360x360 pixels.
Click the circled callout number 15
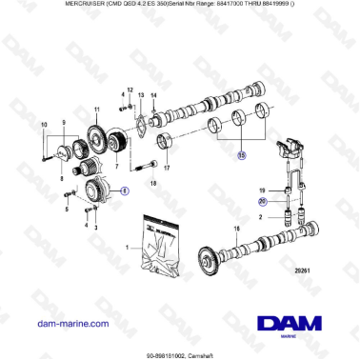(x=242, y=153)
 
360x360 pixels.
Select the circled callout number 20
(x=263, y=201)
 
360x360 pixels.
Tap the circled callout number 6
(x=123, y=190)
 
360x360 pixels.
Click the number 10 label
(x=42, y=126)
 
